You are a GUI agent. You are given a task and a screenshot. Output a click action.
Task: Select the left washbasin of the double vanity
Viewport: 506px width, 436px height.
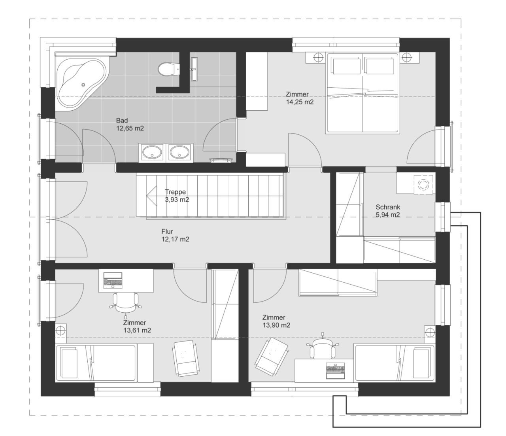pos(152,152)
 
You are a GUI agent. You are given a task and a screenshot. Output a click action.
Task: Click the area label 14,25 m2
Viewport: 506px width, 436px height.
pos(300,102)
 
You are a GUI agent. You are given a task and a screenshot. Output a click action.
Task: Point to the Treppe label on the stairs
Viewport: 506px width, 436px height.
pos(175,192)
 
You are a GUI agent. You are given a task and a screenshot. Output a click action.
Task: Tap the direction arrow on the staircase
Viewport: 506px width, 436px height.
pos(151,195)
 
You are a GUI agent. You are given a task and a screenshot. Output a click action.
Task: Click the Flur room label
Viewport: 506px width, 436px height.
pos(167,231)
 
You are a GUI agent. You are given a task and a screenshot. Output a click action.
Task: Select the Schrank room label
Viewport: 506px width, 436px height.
pos(388,207)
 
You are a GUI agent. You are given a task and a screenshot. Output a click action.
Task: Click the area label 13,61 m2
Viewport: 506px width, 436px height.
pos(137,330)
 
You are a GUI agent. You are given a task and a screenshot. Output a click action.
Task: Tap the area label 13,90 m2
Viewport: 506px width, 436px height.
pos(276,325)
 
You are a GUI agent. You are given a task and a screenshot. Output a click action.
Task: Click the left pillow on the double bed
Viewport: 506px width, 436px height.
pos(346,66)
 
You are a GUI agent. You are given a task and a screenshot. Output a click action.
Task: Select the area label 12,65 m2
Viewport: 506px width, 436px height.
pos(130,128)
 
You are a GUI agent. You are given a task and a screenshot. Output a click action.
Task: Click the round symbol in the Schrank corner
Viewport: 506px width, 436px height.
pos(423,184)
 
